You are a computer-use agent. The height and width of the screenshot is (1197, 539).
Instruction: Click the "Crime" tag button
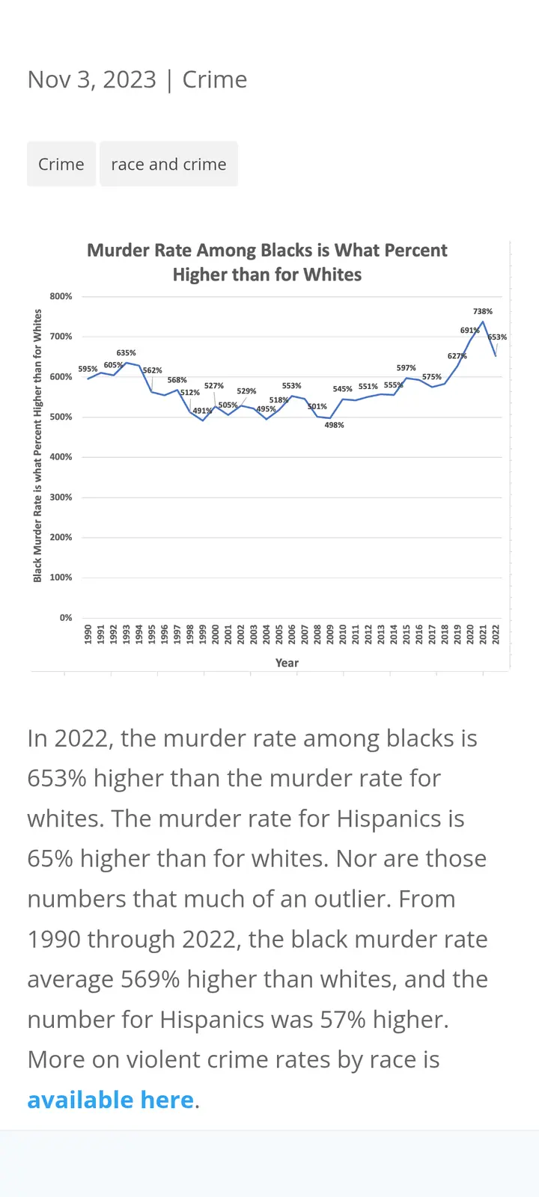(x=61, y=165)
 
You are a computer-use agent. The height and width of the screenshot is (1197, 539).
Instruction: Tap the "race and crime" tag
(x=168, y=165)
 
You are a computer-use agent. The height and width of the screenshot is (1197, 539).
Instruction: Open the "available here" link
(x=111, y=1100)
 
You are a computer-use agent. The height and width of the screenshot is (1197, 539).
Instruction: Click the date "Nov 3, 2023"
(x=92, y=80)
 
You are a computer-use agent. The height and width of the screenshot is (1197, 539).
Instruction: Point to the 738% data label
(x=483, y=311)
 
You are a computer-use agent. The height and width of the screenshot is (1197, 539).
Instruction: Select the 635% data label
(x=126, y=353)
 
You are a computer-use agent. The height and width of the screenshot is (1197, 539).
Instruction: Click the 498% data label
(x=334, y=425)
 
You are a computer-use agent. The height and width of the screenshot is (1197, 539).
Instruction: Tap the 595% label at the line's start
(x=88, y=369)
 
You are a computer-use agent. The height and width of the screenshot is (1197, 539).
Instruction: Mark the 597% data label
(x=406, y=368)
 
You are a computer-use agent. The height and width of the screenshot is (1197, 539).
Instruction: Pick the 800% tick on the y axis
(x=61, y=296)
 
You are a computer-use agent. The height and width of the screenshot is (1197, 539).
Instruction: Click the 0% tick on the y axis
(x=66, y=618)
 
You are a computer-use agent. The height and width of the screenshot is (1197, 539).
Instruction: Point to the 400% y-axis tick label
(x=61, y=457)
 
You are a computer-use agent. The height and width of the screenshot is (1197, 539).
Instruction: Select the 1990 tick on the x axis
(x=88, y=634)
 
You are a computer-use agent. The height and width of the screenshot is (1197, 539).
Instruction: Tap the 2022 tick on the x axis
(x=496, y=634)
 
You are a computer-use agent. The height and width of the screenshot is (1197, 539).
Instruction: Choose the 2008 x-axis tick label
(x=317, y=634)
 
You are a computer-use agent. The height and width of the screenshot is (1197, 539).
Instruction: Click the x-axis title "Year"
(x=287, y=663)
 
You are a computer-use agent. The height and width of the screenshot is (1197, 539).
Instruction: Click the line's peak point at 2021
(x=483, y=322)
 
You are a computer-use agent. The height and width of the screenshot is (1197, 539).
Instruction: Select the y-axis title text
(x=37, y=446)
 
